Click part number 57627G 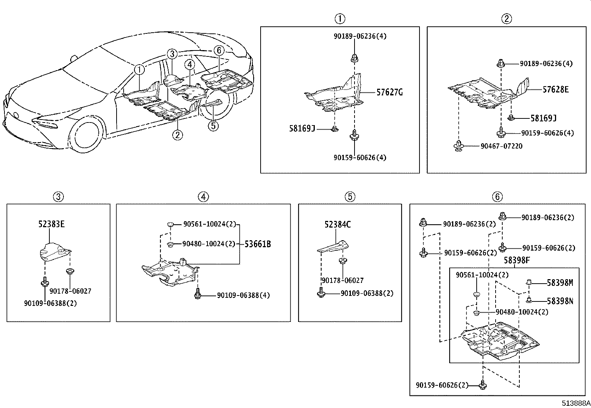click(389, 92)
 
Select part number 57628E click(555, 89)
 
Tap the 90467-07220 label click(501, 146)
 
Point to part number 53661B click(258, 244)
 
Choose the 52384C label click(337, 224)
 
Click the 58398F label click(516, 261)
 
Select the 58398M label click(560, 283)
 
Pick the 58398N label click(560, 301)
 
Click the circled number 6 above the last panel click(497, 197)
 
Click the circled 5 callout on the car click(213, 126)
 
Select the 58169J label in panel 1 click(302, 128)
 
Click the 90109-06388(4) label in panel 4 click(243, 296)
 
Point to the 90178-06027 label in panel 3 click(70, 291)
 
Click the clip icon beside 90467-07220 click(459, 146)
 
